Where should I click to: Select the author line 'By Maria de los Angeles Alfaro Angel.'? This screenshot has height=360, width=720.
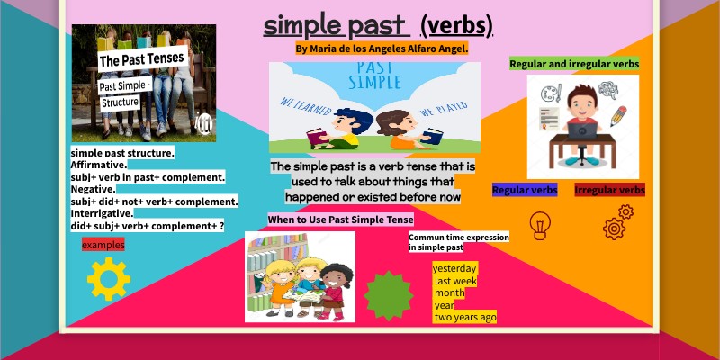[x=382, y=49]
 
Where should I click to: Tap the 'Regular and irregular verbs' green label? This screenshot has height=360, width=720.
[x=574, y=64]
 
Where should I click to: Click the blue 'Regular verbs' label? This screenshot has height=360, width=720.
[x=525, y=190]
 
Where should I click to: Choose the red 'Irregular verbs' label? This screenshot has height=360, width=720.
[x=609, y=190]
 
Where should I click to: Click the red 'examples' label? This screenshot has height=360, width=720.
[x=103, y=245]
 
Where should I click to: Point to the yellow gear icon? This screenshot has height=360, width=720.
[x=109, y=278]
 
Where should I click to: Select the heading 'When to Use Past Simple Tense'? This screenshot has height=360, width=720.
[x=340, y=220]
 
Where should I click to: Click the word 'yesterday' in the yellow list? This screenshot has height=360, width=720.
[x=454, y=268]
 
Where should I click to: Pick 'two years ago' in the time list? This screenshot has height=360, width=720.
[x=464, y=317]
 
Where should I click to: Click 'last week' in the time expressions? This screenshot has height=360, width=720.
[x=455, y=281]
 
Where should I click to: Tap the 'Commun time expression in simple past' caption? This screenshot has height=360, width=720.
[x=458, y=242]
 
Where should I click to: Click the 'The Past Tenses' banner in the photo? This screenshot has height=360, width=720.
[x=141, y=59]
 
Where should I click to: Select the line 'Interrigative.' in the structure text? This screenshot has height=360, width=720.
[x=103, y=213]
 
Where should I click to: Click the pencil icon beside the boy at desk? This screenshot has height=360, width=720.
[x=618, y=116]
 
